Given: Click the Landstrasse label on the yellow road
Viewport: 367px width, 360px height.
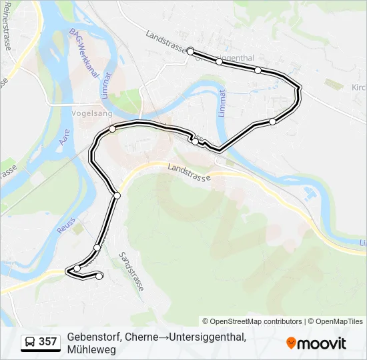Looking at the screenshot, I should click(x=189, y=173).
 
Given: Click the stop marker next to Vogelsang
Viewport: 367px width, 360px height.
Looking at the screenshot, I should click(x=113, y=129).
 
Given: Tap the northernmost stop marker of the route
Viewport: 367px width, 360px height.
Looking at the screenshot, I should click(x=190, y=51).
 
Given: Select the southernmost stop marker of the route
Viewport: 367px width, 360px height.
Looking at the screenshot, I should click(x=99, y=276).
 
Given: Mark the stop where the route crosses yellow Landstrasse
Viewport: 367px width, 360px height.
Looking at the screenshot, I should click(x=117, y=195).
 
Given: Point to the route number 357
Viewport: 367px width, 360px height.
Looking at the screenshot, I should click(x=48, y=342).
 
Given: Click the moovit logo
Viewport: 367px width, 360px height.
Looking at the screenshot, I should click(x=316, y=343).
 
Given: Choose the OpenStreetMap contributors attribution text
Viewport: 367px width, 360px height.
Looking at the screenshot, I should click(x=252, y=321).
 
